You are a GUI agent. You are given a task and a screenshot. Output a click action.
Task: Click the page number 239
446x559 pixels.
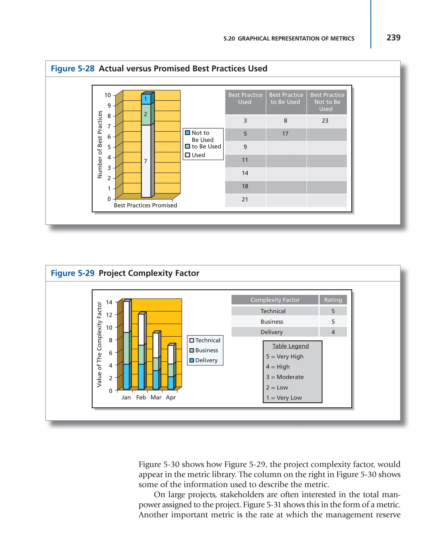coord(393,38)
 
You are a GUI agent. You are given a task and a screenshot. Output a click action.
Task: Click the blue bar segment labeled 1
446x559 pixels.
coord(146,99)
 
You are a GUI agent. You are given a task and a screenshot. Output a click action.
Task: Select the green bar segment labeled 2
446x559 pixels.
coord(146,114)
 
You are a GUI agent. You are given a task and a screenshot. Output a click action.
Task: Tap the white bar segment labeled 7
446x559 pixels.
coord(146,161)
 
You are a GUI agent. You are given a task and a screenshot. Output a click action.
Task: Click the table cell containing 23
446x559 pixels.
coord(325,121)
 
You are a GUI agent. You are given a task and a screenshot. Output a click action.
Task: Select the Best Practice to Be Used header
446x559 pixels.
coord(286,99)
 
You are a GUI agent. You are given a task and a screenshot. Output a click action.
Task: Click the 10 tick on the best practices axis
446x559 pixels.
coord(108,95)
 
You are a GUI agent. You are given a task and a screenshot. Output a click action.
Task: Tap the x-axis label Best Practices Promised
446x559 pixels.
coord(145,205)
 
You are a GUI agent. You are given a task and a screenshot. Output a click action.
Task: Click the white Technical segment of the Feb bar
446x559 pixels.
coord(141,329)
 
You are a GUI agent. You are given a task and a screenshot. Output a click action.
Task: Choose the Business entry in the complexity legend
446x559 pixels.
coord(206,350)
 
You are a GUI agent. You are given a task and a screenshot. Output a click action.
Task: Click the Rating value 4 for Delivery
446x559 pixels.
coord(333,332)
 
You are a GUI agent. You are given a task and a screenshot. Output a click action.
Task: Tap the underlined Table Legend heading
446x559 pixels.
coord(290,346)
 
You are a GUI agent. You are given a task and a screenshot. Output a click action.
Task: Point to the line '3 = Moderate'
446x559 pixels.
coord(285,377)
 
